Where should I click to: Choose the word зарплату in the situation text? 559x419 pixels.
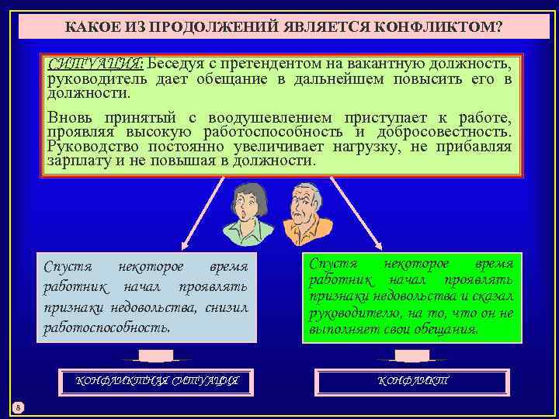point(78,161)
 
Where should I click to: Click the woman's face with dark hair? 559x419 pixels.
point(246,204)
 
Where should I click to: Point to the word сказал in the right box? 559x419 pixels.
point(492,297)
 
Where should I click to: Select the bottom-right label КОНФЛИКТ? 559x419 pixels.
point(412,381)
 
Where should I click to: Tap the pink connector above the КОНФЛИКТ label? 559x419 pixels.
point(412,356)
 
